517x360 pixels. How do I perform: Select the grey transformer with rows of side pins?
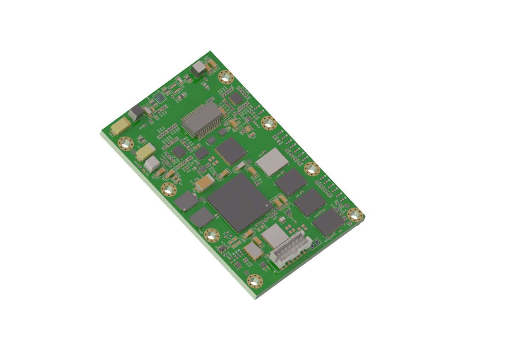coord(202,118)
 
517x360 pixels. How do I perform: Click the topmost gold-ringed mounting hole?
coord(226,77)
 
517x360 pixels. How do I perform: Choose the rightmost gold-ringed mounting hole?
coord(355,215)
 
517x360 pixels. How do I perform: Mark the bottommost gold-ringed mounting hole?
coord(255,281)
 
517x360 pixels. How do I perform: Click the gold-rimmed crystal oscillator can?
coord(254,252)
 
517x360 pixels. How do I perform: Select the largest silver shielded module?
coord(272,161)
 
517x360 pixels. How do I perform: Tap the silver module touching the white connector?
coord(274,235)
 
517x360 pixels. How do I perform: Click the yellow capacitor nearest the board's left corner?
coord(121,126)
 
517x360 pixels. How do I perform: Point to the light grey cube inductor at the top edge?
coord(199,69)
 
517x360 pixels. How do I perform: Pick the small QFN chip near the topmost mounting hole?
coord(235,99)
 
